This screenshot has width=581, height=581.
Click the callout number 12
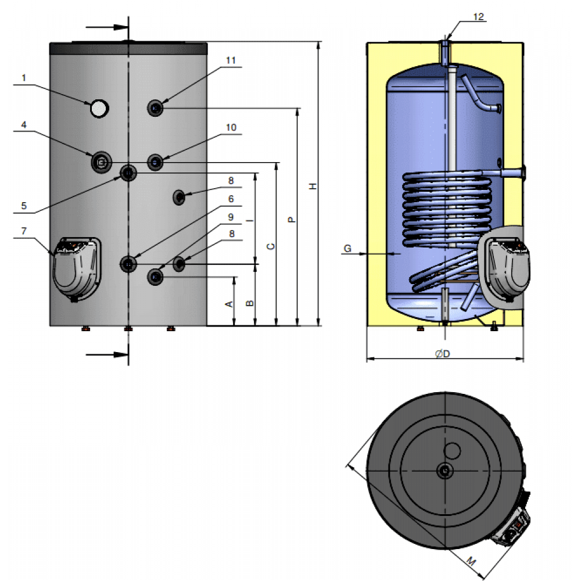(x=478, y=17)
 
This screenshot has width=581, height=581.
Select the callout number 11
(x=231, y=60)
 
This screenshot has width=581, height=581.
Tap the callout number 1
(x=24, y=77)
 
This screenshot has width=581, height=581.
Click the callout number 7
(x=24, y=231)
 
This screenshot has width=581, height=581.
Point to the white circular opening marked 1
(x=99, y=108)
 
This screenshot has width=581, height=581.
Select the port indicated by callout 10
(x=156, y=162)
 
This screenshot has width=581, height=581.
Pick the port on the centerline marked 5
(x=128, y=172)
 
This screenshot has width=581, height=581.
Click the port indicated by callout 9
(x=156, y=277)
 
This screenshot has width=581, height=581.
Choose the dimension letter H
(x=313, y=186)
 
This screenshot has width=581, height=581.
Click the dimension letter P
(x=292, y=220)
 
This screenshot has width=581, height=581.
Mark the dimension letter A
(x=229, y=304)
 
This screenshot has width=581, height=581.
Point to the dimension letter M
(x=472, y=562)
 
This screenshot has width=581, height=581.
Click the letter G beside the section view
(x=347, y=249)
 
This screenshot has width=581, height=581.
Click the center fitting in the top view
(x=444, y=471)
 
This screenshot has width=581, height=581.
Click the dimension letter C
(x=271, y=246)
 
